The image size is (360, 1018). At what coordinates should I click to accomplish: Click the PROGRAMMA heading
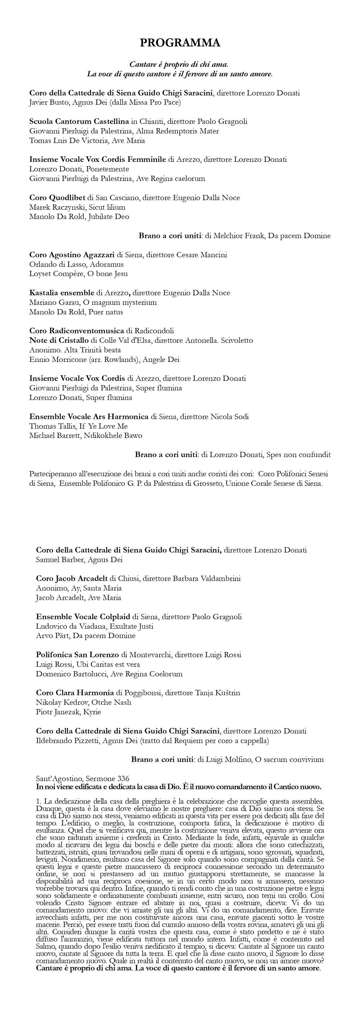click(x=180, y=43)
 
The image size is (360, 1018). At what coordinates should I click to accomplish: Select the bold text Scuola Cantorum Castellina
click(x=79, y=121)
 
